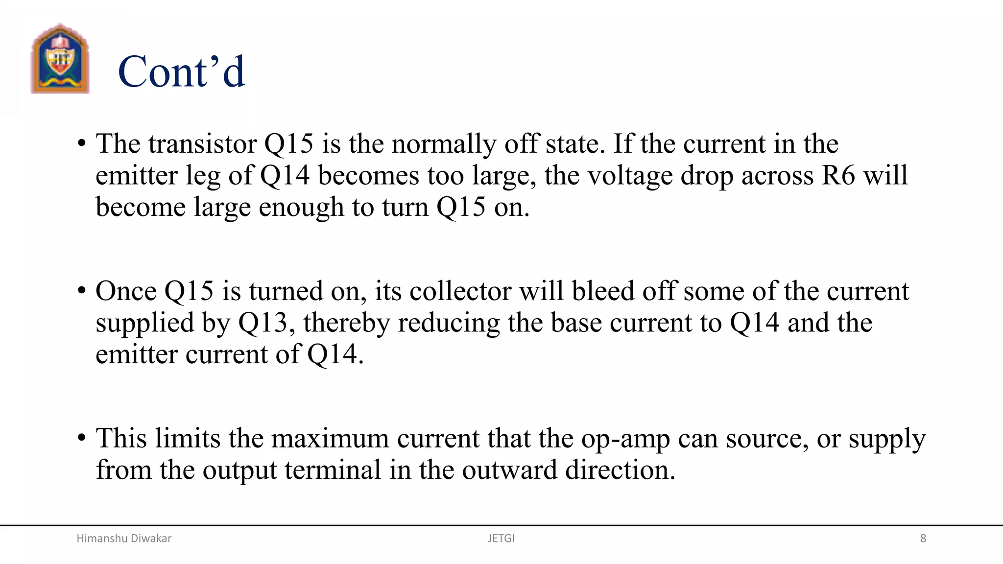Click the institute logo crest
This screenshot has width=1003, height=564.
coord(60,59)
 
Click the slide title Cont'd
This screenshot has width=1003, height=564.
coord(181,72)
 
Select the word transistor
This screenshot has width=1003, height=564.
coord(202,144)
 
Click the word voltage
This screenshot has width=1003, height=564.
coord(630,175)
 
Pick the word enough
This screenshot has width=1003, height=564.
coord(301,207)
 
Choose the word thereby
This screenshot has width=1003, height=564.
coord(346,323)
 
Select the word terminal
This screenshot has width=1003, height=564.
coord(333,470)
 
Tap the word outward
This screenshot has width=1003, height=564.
coord(509,470)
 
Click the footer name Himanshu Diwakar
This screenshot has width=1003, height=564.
coord(124,539)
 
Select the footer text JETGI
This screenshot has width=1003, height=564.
coord(501,539)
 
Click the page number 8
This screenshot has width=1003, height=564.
coord(923,539)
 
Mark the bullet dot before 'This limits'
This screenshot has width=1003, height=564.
coord(82,437)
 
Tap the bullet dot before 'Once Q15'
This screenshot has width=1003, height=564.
coord(82,290)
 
